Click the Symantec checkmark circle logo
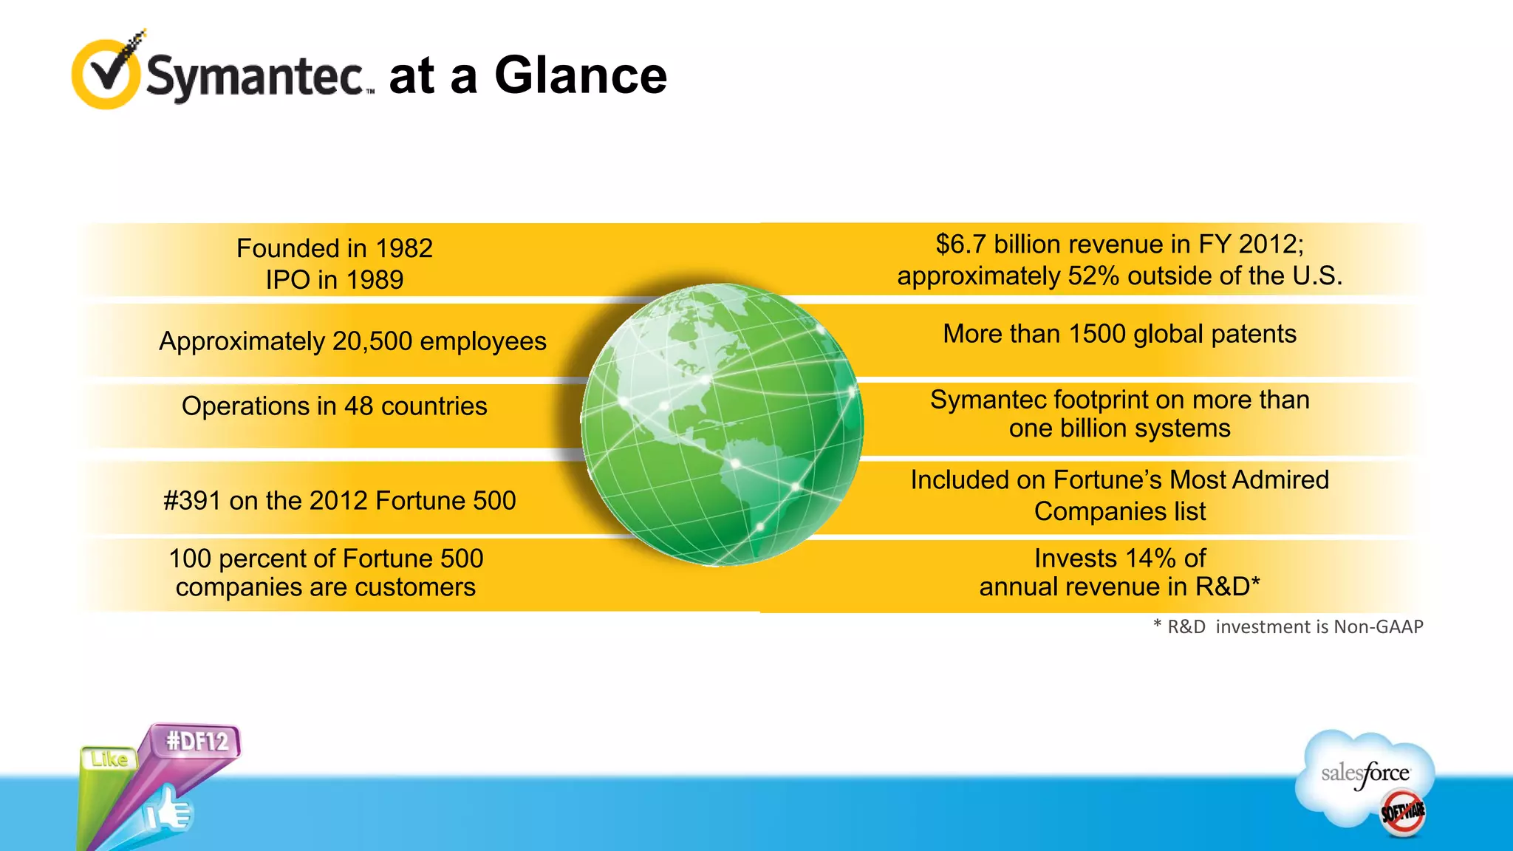106,75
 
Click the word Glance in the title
580,75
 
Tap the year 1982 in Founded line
403,248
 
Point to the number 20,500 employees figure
372,341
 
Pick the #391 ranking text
192,501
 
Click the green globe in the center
721,425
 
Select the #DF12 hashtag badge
197,741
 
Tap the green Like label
109,759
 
